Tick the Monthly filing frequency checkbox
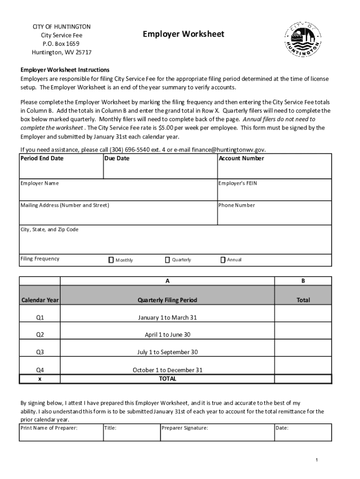[x=111, y=260]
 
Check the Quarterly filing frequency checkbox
[x=167, y=260]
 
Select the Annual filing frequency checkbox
[x=223, y=260]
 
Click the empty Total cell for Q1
[x=303, y=318]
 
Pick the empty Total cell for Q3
[x=303, y=352]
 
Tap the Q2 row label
[x=40, y=335]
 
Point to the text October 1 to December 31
[x=167, y=370]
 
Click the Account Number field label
[x=241, y=159]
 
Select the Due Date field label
[x=117, y=159]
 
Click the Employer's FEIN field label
[x=238, y=183]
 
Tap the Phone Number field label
[x=237, y=205]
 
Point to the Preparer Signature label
[x=185, y=428]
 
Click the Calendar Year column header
[x=40, y=300]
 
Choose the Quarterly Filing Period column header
[x=167, y=300]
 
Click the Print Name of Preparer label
[x=49, y=428]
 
